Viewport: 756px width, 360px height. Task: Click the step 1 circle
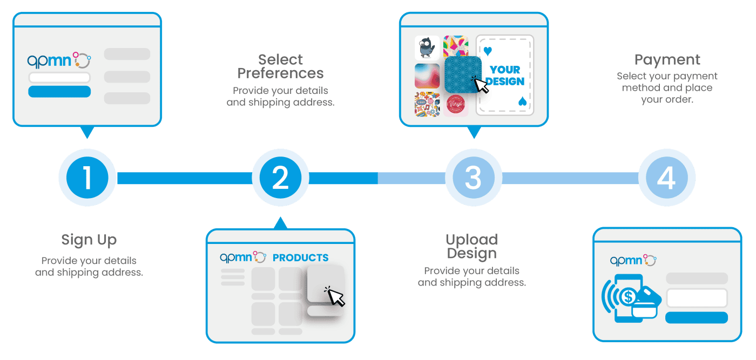[87, 178]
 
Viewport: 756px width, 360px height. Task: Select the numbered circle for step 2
[280, 178]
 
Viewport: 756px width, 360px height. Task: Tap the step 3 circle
[473, 178]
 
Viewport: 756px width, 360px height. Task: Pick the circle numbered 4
[666, 178]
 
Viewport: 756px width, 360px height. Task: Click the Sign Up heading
[89, 239]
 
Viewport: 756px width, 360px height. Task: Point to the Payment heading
[667, 59]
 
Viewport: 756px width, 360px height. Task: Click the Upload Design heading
[471, 246]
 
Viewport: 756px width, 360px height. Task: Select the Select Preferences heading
[280, 66]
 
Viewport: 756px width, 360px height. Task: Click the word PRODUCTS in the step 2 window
[300, 258]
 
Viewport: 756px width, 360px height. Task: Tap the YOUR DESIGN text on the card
[505, 76]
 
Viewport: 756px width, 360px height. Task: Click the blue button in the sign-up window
[59, 91]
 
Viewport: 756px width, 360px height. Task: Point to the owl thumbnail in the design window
[427, 47]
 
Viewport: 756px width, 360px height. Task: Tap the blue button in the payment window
[697, 317]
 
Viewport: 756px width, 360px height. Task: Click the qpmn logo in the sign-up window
[59, 60]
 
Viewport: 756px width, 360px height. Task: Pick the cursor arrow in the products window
[336, 296]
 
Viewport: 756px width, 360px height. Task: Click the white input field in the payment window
[697, 298]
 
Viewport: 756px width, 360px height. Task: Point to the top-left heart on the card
[488, 52]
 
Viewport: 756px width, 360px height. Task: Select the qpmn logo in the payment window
[633, 260]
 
